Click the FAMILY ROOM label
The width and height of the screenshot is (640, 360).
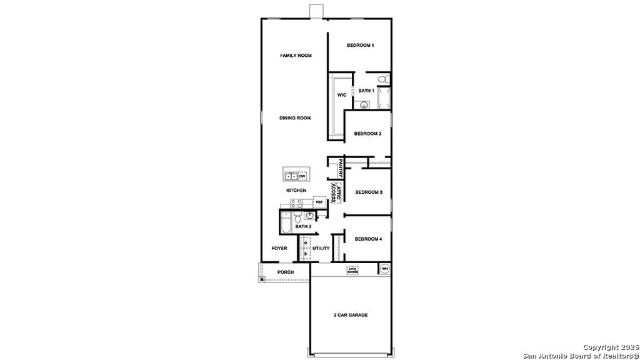(296, 56)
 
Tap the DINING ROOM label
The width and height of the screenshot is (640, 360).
(295, 117)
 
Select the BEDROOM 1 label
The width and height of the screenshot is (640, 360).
(361, 45)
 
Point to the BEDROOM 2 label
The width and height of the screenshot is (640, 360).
(367, 133)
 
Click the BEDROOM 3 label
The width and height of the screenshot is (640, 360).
(368, 192)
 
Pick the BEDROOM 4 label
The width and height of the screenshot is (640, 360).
(368, 239)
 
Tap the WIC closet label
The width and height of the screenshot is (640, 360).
(342, 95)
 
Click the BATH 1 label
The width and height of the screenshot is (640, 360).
(366, 91)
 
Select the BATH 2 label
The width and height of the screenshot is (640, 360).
(304, 226)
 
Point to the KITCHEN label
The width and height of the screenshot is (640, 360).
(296, 190)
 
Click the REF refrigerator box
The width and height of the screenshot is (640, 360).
(319, 202)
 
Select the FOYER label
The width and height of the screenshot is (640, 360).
(279, 248)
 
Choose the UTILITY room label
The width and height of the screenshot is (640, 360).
(321, 248)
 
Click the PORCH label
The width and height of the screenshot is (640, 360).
(286, 272)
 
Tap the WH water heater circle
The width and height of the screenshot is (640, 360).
(385, 269)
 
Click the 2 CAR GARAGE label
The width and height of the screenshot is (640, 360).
(350, 315)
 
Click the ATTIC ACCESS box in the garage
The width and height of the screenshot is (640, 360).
(352, 271)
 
